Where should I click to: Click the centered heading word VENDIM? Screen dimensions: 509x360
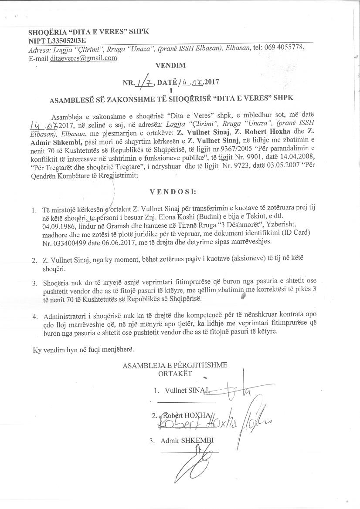pos(170,66)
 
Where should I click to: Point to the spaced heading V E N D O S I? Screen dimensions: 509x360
pos(173,191)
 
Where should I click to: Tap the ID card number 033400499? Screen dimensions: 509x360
pos(71,241)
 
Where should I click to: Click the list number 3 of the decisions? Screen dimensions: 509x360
pos(34,283)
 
